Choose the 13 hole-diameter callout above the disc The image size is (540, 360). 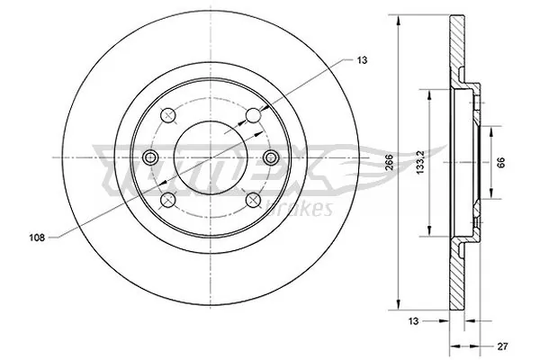[x=361, y=59]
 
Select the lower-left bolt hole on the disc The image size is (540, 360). [x=169, y=200]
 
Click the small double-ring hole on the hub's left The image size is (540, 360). [x=151, y=158]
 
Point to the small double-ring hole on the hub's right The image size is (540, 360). [x=271, y=158]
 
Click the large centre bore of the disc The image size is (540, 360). [x=211, y=157]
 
